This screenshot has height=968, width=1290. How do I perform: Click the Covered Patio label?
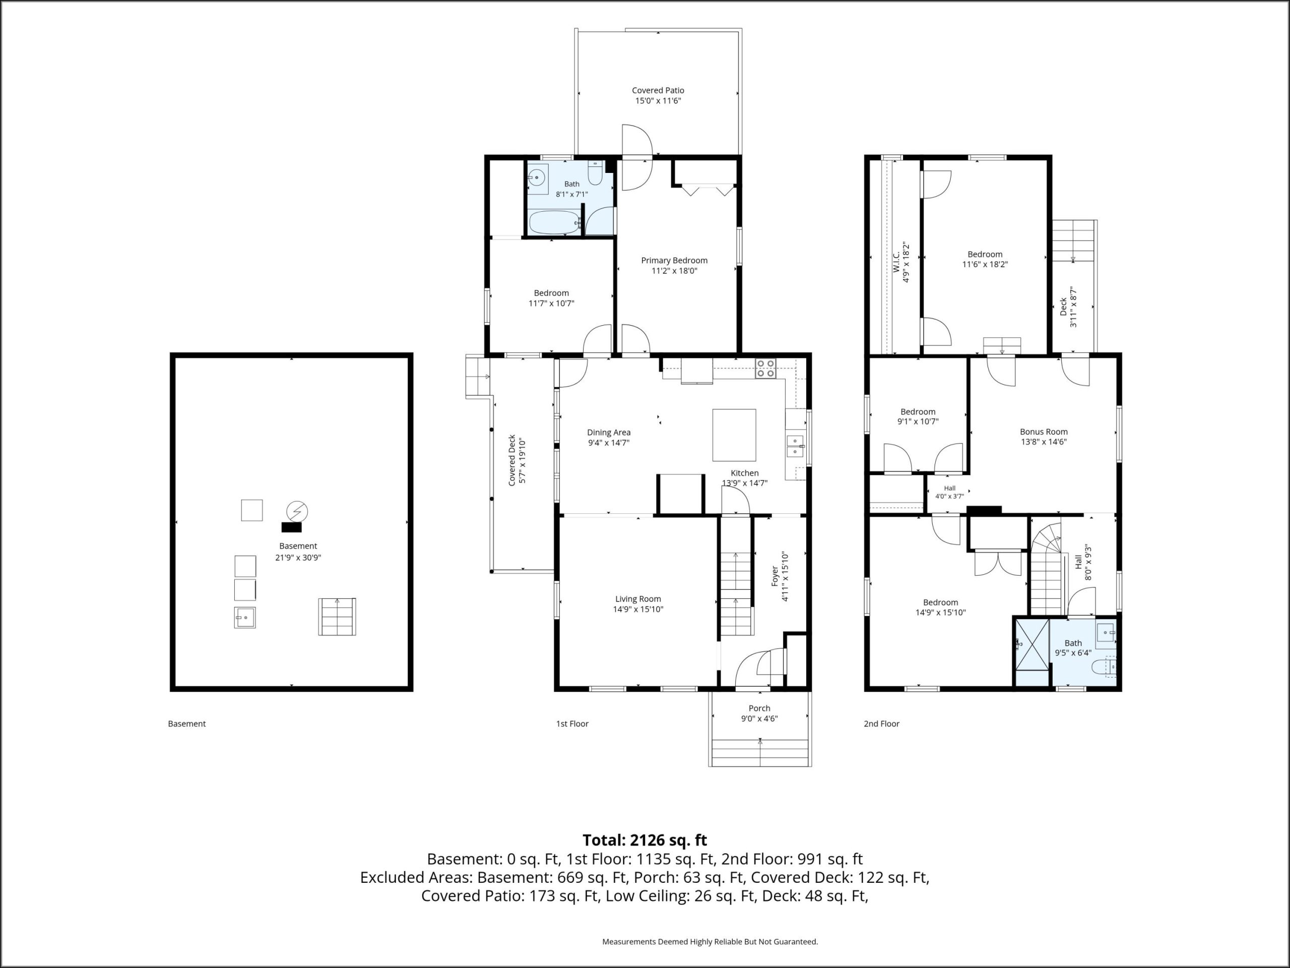(658, 90)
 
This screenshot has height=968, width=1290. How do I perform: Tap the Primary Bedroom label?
(674, 261)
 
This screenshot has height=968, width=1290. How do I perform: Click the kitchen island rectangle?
(734, 435)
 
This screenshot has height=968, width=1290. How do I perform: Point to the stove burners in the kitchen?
(766, 369)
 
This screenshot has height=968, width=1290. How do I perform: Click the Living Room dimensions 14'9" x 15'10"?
(638, 609)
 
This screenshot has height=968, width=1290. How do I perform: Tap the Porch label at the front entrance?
(759, 708)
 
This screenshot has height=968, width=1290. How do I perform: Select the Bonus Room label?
(1044, 432)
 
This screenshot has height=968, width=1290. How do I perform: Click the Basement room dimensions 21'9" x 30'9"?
(298, 557)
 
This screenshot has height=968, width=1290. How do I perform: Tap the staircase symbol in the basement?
(337, 616)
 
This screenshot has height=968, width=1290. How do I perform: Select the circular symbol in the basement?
(297, 511)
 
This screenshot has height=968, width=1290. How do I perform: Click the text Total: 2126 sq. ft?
(645, 840)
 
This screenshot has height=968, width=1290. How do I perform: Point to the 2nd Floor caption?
(881, 723)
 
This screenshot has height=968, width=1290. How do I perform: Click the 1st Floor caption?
(572, 723)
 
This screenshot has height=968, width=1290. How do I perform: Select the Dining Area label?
(609, 433)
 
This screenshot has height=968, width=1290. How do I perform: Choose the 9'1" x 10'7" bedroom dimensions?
(918, 421)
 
